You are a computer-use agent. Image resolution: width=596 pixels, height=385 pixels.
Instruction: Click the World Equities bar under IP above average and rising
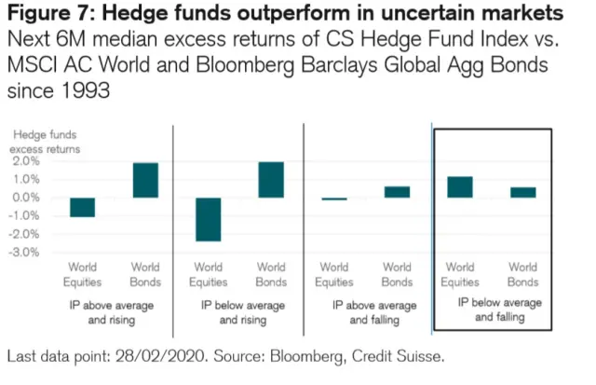[83, 207]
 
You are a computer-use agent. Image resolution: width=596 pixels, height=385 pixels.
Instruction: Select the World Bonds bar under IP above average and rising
[144, 180]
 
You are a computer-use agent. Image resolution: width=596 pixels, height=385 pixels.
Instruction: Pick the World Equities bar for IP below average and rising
[208, 219]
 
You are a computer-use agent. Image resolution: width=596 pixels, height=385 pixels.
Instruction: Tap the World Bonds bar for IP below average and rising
[270, 180]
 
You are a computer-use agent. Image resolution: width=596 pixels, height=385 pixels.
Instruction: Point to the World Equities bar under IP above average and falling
[333, 199]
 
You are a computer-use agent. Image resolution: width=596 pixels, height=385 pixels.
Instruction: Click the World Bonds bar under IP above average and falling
[397, 192]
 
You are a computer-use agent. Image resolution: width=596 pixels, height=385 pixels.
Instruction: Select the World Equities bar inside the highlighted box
[460, 187]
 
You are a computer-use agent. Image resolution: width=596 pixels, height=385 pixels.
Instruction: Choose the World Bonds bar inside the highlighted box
[523, 192]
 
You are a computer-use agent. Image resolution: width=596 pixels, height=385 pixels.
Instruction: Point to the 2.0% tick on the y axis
[25, 161]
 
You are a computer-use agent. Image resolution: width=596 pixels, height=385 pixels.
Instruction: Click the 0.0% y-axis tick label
[25, 198]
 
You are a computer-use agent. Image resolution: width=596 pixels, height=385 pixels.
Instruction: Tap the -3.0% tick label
[23, 252]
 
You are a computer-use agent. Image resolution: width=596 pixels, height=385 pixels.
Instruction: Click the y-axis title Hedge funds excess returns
[45, 142]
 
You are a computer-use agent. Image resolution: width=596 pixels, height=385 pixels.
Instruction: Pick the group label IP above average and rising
[113, 312]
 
